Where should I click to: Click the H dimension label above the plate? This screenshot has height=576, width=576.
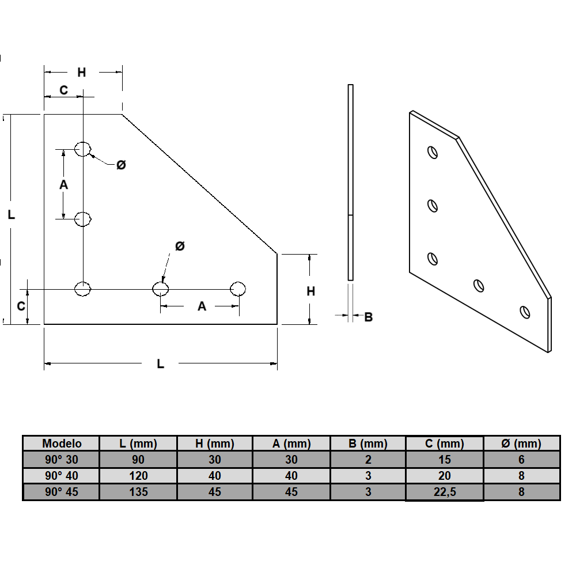[x=82, y=72]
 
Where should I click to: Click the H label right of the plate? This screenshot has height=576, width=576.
[x=310, y=291]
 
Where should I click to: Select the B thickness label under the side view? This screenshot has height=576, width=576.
[x=368, y=316]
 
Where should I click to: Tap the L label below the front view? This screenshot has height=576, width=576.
[x=161, y=363]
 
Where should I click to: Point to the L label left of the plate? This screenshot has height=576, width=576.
[x=11, y=215]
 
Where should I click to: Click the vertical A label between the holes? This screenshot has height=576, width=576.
[x=63, y=184]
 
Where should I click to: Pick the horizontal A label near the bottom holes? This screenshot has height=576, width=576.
[x=202, y=306]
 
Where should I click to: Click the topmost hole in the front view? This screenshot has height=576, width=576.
[x=84, y=149]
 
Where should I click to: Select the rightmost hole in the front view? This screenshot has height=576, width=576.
[x=238, y=289]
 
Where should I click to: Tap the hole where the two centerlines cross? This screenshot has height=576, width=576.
[x=84, y=289]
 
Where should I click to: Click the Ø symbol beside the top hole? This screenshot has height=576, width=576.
[x=121, y=165]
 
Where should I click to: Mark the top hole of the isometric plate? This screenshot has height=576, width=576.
[x=432, y=152]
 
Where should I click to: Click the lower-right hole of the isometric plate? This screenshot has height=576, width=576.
[x=524, y=312]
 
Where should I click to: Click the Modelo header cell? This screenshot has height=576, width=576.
[x=62, y=443]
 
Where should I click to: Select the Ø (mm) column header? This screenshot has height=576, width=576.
[x=521, y=443]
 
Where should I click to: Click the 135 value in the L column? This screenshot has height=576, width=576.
[x=138, y=492]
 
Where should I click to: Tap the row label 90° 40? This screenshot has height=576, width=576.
[x=62, y=476]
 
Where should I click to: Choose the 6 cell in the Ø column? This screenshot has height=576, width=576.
[x=521, y=460]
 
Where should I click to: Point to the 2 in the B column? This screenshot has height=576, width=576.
[x=368, y=460]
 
